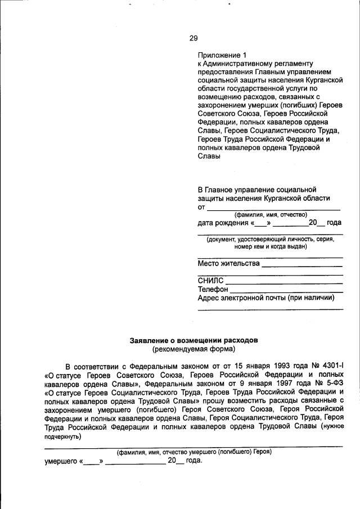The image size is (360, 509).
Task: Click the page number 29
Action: point(193,38)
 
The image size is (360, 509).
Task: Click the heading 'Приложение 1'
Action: point(222,55)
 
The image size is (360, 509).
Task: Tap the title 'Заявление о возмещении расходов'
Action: point(194,340)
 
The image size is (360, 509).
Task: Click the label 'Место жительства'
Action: point(228,263)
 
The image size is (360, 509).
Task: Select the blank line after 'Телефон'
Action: point(286,291)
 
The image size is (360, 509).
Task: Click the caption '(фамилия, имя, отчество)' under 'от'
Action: point(270,214)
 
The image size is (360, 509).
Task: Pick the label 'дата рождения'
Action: point(223,223)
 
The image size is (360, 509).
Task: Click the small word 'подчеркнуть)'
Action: point(62,436)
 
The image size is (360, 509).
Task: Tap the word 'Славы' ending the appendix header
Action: point(209,156)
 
